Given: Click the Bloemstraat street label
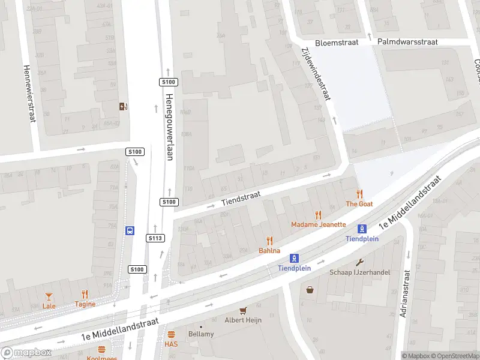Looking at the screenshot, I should pos(336,43).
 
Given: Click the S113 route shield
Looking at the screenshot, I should pos(155,238).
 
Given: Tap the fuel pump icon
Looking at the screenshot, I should pos(124,107).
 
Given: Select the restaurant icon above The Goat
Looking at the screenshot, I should pos(359,194).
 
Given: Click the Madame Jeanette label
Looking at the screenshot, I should pos(319,224).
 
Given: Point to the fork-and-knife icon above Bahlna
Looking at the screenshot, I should pos(269,241).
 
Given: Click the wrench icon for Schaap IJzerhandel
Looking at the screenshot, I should pos(360,262).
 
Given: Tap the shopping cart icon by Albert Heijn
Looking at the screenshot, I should pos(243,311).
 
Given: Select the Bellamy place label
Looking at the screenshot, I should pos(201,334).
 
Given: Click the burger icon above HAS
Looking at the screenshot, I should pos(171,334).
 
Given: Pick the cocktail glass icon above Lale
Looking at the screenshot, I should pos(49,296).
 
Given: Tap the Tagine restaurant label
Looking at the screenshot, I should pos(85,304).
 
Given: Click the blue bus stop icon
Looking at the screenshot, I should pos(130,230).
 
